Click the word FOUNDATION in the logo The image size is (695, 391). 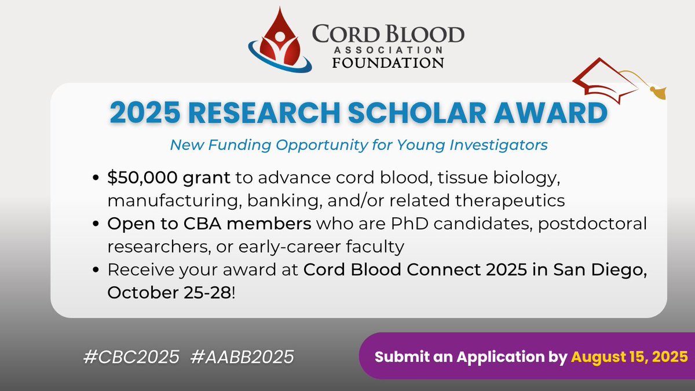(388, 62)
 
